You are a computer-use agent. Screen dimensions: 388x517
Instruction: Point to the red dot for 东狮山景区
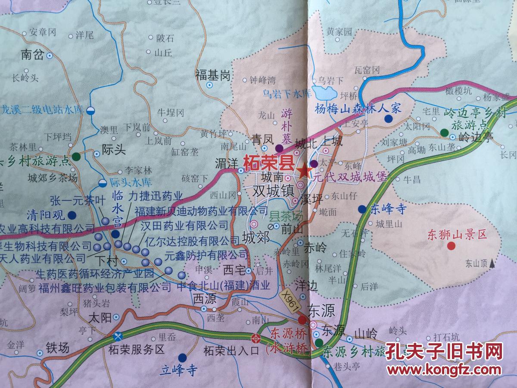(451, 246)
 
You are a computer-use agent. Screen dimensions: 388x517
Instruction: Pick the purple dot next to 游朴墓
(279, 149)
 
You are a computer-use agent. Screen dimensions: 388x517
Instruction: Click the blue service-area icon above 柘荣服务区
(117, 336)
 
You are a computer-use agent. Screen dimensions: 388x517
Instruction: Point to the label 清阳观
(45, 214)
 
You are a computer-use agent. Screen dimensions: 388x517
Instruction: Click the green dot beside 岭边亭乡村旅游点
(444, 132)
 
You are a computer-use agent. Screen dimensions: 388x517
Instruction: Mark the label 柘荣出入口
(231, 350)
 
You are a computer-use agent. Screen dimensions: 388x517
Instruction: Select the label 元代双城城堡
(350, 176)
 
